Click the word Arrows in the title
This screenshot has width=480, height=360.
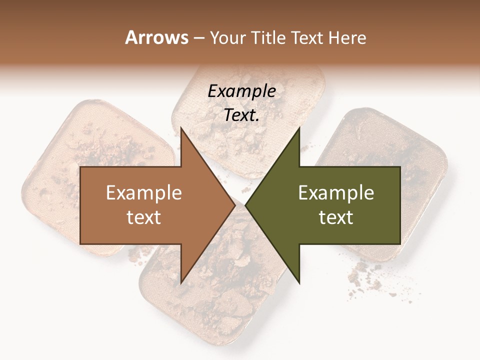[x=157, y=37]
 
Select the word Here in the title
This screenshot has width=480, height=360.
[x=347, y=37]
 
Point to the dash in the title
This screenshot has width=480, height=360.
[x=198, y=38]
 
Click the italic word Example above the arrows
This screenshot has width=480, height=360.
[x=241, y=91]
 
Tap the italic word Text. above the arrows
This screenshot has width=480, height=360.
[x=241, y=115]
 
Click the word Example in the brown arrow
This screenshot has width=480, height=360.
[x=143, y=193]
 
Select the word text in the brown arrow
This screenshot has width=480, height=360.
[x=143, y=217]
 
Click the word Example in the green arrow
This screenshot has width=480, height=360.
[x=336, y=193]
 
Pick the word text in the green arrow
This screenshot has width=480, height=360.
[x=336, y=217]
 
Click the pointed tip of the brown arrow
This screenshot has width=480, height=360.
[x=235, y=205]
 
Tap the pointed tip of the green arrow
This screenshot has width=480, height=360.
[x=245, y=205]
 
